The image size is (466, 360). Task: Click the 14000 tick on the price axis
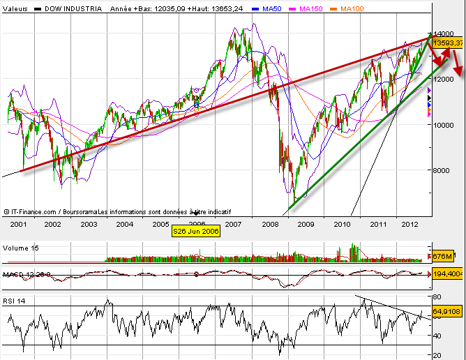445,33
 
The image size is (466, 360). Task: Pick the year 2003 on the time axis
88,224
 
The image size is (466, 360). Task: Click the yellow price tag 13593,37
448,43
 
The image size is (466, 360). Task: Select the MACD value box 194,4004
448,275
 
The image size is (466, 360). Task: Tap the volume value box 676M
444,255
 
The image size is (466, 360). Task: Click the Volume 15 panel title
21,248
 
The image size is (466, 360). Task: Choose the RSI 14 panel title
17,301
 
